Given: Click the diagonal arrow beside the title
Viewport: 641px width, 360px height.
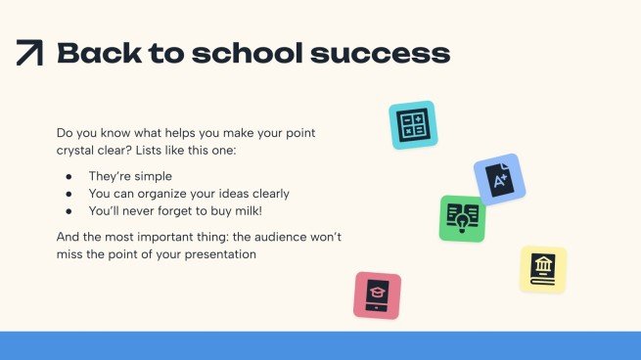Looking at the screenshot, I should (30, 53).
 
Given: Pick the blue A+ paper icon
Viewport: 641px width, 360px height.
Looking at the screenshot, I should (499, 179).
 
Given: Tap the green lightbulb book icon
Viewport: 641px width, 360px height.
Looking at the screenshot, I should (462, 217).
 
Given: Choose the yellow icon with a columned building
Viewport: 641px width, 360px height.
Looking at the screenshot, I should (542, 269).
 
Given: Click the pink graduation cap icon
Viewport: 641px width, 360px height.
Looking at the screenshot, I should (377, 295).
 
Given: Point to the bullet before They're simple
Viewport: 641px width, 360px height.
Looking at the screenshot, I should (69, 176).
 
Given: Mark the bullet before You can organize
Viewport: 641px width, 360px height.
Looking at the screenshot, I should (69, 194).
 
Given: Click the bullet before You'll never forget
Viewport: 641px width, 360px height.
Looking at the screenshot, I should (69, 210).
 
